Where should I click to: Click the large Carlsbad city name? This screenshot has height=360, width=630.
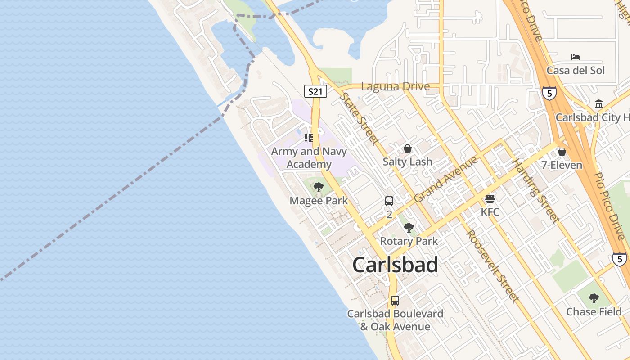tap(395, 265)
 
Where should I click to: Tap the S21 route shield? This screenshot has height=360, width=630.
tap(315, 91)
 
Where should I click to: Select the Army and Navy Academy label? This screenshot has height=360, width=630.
tap(309, 158)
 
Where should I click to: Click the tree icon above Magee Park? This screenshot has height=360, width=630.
tap(319, 187)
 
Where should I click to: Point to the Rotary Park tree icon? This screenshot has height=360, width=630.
tap(409, 228)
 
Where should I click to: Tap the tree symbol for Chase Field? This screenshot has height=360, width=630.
tap(594, 298)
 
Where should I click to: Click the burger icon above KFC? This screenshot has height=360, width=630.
tap(490, 198)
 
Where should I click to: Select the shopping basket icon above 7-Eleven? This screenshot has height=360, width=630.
tap(562, 152)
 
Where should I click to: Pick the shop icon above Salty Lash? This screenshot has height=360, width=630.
tap(408, 148)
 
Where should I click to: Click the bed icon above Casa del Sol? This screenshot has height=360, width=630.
tap(576, 57)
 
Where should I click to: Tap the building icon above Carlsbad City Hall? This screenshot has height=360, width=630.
tap(599, 104)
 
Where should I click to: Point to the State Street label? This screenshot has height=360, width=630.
tap(359, 118)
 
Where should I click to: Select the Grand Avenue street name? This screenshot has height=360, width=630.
tap(445, 179)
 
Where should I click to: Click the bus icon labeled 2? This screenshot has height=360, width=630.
tap(389, 201)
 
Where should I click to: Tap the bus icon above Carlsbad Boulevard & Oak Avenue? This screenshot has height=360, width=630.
tap(395, 300)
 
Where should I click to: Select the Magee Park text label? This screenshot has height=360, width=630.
tap(319, 201)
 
